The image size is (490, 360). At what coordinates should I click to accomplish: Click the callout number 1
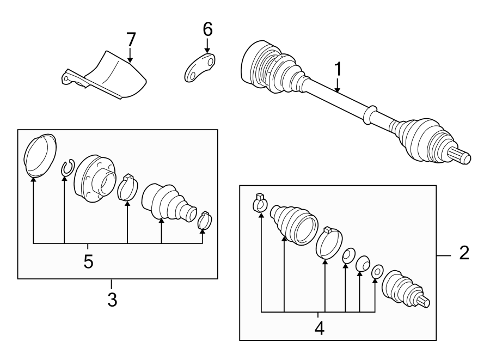[x=338, y=69]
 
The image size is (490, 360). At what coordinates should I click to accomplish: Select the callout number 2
[x=464, y=253]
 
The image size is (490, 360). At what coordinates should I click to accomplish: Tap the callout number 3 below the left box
[x=112, y=300]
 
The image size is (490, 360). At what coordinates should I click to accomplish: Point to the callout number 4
[x=320, y=328]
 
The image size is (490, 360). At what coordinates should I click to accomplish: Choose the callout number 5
[x=88, y=261]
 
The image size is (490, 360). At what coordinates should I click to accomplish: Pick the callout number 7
[x=131, y=39]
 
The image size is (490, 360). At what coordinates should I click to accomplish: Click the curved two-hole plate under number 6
[x=200, y=68]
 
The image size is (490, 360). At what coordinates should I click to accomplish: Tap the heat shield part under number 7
[x=104, y=75]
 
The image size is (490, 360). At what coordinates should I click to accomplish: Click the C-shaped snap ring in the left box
[x=67, y=168]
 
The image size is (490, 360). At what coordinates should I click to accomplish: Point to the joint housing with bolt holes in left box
[x=95, y=179]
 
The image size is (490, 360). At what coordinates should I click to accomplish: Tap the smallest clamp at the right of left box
[x=205, y=221]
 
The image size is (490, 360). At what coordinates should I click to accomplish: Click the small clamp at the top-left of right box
[x=260, y=203]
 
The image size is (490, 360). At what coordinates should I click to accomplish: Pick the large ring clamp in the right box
[x=329, y=243]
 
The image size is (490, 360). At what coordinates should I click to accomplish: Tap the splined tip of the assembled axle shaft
[x=460, y=156]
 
